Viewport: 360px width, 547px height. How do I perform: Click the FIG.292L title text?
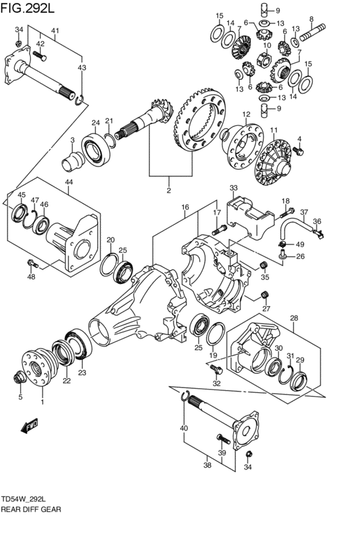(x=28, y=7)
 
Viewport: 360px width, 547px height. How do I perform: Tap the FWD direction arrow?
(x=30, y=426)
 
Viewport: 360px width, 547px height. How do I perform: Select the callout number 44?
(x=68, y=181)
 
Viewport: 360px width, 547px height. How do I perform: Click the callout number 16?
(x=185, y=207)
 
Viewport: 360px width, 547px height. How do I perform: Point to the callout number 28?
(x=294, y=318)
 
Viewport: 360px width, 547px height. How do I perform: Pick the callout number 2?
(x=169, y=190)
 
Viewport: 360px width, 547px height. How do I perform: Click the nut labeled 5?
(x=19, y=377)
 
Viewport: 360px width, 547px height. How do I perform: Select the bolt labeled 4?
(x=298, y=152)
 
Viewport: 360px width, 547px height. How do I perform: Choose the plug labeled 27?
(x=265, y=295)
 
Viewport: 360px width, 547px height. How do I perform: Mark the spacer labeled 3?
(x=72, y=161)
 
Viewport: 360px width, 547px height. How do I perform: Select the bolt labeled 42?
(x=40, y=55)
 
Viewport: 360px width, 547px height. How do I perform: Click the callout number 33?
(x=233, y=188)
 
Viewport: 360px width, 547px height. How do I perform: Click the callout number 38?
(x=207, y=465)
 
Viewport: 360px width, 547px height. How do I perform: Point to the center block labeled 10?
(x=265, y=59)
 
